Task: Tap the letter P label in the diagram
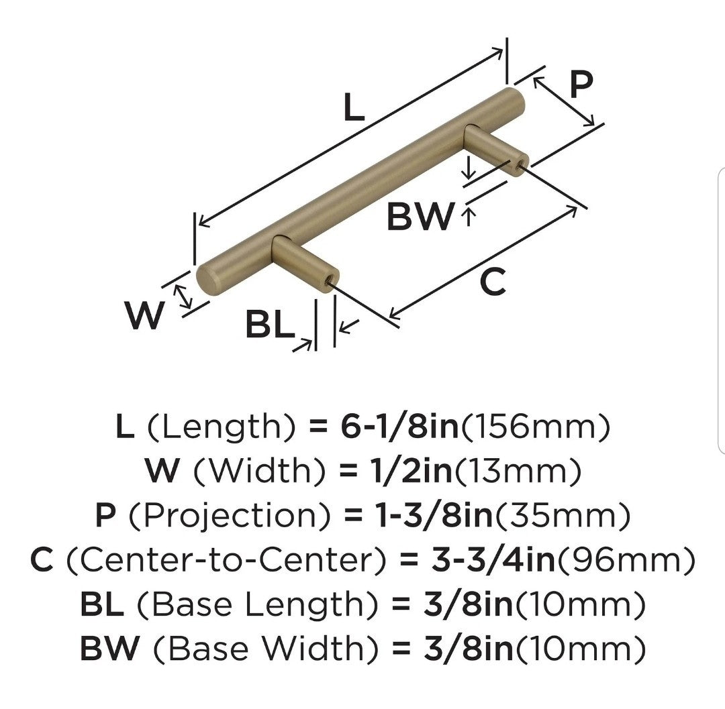coord(581,85)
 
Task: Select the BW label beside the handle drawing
coord(421,216)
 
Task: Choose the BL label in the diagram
coord(269,325)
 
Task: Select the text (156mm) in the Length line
coord(535,427)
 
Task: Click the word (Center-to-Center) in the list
coord(222,560)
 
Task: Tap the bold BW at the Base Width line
coord(109,649)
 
